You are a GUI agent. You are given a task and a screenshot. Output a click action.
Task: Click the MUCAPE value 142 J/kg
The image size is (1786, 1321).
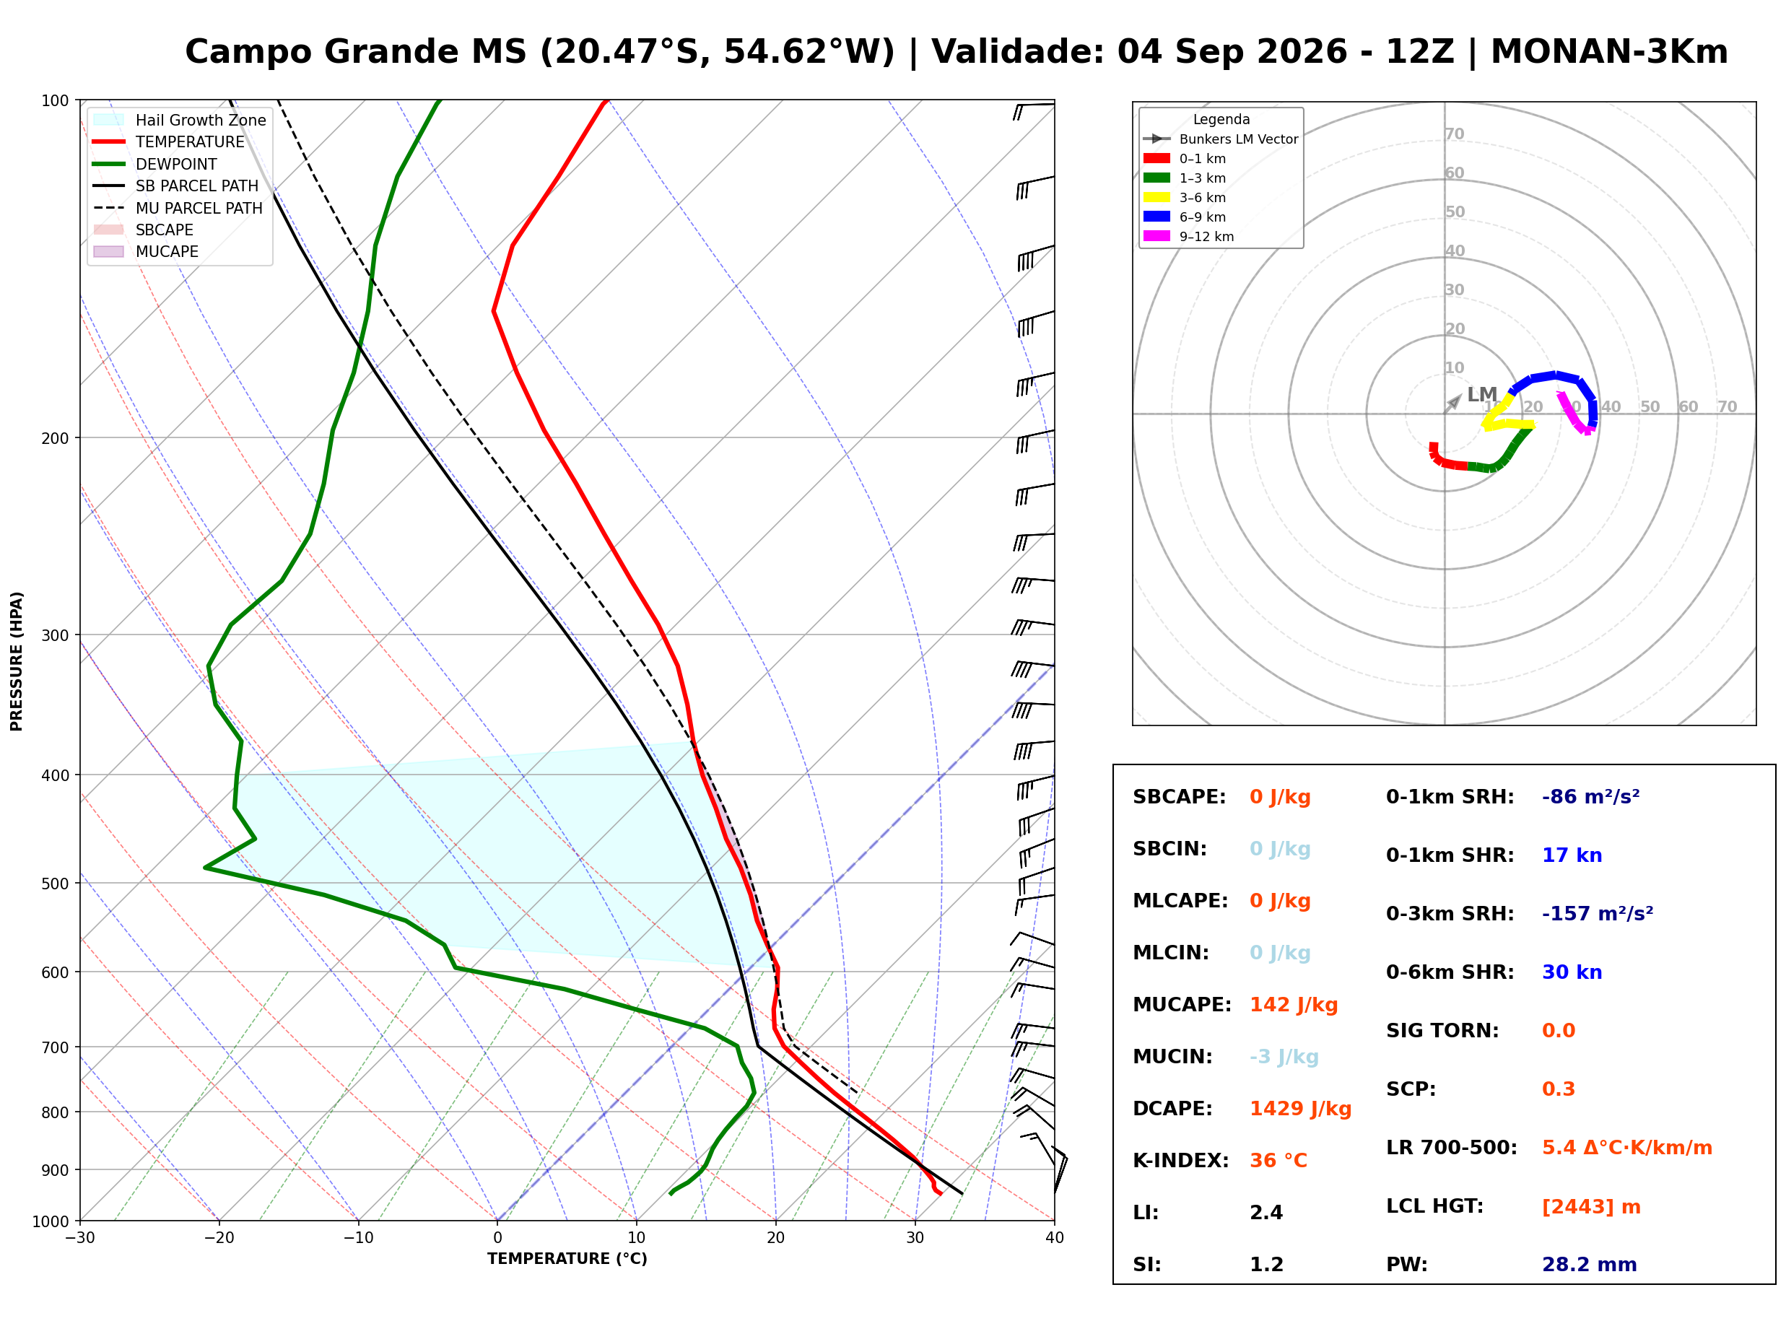tap(1293, 1004)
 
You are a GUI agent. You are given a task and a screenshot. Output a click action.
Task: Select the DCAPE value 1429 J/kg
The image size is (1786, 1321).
tap(1300, 1108)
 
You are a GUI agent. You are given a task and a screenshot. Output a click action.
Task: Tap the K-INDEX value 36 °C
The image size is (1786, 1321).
tap(1278, 1160)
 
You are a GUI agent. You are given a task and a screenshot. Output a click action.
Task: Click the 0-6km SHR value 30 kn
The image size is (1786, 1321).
tap(1572, 972)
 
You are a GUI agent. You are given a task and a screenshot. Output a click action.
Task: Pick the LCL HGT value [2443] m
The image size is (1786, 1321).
tap(1591, 1207)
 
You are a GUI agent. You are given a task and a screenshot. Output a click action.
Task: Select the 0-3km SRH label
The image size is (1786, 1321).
tap(1450, 913)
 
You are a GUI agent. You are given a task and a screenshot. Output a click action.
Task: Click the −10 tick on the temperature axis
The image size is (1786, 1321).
tap(357, 1237)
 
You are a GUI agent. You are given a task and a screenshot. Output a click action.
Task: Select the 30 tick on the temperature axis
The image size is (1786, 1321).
tap(915, 1237)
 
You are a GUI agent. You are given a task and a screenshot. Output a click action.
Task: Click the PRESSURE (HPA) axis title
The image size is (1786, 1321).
tap(17, 660)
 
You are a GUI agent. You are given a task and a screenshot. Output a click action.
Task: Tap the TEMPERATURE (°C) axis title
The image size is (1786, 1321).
tap(567, 1259)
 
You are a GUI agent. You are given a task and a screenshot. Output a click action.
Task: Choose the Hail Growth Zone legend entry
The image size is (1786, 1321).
tap(179, 120)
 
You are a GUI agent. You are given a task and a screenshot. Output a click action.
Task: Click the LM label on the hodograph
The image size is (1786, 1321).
tap(1481, 394)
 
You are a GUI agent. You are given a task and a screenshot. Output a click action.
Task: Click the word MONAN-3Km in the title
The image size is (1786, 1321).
tap(1608, 51)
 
